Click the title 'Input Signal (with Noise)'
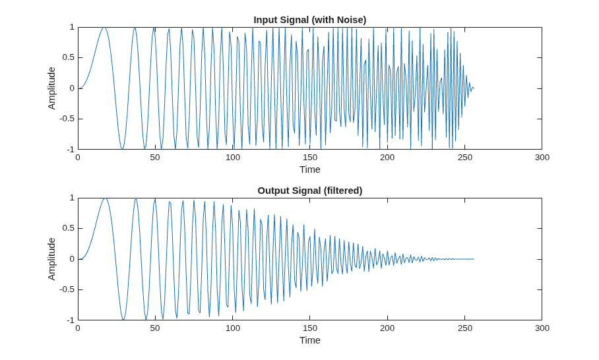pyautogui.click(x=310, y=20)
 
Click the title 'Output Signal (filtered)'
pyautogui.click(x=310, y=191)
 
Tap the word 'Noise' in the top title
pyautogui.click(x=350, y=20)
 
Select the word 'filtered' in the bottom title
pyautogui.click(x=343, y=191)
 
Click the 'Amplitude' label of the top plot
pyautogui.click(x=51, y=88)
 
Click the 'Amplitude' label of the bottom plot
pyautogui.click(x=51, y=259)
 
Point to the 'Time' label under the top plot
pyautogui.click(x=310, y=169)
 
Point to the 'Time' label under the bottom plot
pyautogui.click(x=310, y=340)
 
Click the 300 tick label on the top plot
pyautogui.click(x=542, y=158)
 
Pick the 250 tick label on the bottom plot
pyautogui.click(x=464, y=328)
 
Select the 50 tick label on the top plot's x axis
pyautogui.click(x=155, y=158)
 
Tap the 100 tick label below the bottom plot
pyautogui.click(x=233, y=328)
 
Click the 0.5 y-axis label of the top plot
pyautogui.click(x=69, y=57)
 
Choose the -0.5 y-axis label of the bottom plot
pyautogui.click(x=67, y=289)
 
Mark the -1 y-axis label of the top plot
pyautogui.click(x=71, y=149)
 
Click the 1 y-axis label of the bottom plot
pyautogui.click(x=72, y=198)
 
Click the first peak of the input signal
pyautogui.click(x=104, y=28)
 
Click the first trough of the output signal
pyautogui.click(x=123, y=319)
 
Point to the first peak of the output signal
pyautogui.click(x=105, y=198)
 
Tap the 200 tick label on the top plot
pyautogui.click(x=387, y=158)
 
